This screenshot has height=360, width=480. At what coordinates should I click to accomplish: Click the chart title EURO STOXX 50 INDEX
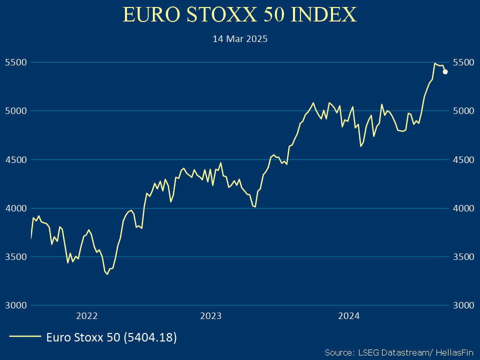pyautogui.click(x=240, y=15)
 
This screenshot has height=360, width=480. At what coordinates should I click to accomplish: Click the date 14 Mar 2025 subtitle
pyautogui.click(x=240, y=38)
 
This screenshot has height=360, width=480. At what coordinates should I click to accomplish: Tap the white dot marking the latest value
pyautogui.click(x=445, y=71)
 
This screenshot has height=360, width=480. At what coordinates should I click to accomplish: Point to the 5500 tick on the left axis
pyautogui.click(x=14, y=62)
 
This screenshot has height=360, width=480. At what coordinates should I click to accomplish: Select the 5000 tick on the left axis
pyautogui.click(x=14, y=111)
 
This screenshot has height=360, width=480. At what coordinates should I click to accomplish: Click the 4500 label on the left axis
pyautogui.click(x=14, y=159)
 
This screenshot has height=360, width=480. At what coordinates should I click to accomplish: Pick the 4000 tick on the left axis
pyautogui.click(x=14, y=208)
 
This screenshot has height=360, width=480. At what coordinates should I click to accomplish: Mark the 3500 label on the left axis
pyautogui.click(x=14, y=256)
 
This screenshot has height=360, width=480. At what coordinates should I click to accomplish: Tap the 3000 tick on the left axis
pyautogui.click(x=14, y=305)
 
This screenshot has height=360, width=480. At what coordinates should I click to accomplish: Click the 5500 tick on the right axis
pyautogui.click(x=463, y=62)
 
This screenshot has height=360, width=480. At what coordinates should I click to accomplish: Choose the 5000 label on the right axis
pyautogui.click(x=463, y=111)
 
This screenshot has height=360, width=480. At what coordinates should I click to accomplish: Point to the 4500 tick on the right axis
pyautogui.click(x=463, y=159)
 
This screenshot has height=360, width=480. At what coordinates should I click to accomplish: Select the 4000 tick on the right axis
pyautogui.click(x=463, y=208)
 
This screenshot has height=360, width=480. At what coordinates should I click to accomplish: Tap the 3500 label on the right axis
pyautogui.click(x=463, y=256)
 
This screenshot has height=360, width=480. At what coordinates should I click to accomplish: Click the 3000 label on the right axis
pyautogui.click(x=463, y=305)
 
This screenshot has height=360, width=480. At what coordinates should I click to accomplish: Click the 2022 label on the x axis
pyautogui.click(x=86, y=316)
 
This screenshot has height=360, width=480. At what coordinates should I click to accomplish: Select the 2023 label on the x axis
pyautogui.click(x=210, y=316)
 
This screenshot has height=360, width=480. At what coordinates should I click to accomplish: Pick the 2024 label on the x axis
pyautogui.click(x=348, y=316)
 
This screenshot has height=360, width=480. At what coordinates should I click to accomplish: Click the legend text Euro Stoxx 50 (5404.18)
pyautogui.click(x=111, y=337)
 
